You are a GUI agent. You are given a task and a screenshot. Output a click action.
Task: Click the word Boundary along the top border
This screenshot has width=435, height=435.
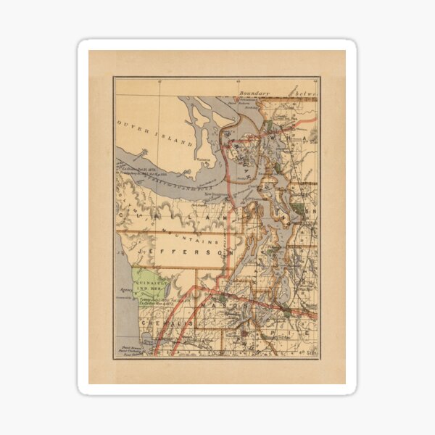(x=254, y=93)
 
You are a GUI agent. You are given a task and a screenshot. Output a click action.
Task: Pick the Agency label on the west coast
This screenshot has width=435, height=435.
(x=123, y=297)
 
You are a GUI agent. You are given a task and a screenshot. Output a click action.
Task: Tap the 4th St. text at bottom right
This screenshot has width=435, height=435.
(x=307, y=352)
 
